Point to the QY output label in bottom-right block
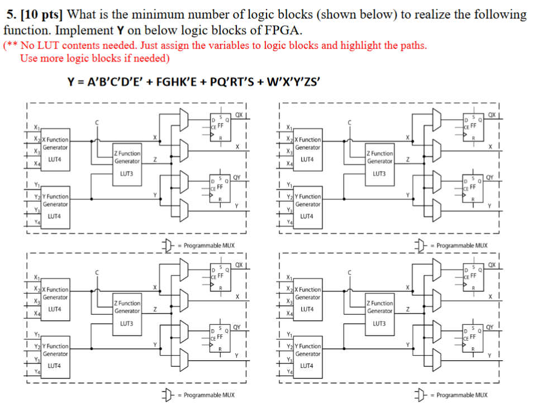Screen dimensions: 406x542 (490, 327)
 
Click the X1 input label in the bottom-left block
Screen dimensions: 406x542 (36, 277)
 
